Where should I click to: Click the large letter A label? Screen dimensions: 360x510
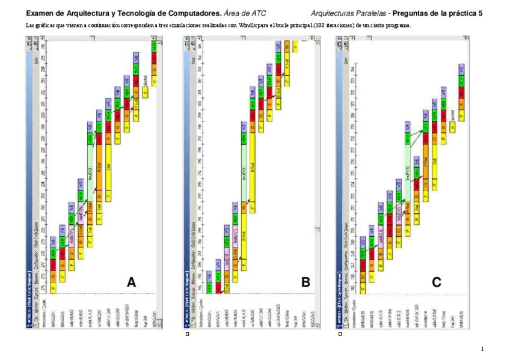pos(131,282)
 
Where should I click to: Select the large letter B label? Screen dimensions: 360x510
pos(306,282)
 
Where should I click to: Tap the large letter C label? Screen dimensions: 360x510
pos(437,282)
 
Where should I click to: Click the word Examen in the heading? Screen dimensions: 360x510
pos(41,13)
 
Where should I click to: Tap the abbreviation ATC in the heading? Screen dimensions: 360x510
pos(257,13)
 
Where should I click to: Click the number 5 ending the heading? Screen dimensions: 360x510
pos(480,13)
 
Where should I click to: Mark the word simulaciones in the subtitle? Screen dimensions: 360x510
pos(179,25)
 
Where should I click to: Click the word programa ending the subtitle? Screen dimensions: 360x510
pos(399,25)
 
